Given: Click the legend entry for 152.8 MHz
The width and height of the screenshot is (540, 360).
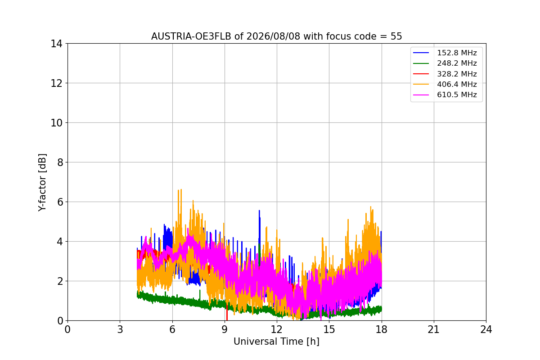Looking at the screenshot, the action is point(445,53).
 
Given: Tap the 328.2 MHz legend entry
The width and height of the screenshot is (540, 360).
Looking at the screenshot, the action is point(445,74).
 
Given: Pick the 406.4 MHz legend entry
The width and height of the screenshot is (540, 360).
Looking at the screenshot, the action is point(445,84).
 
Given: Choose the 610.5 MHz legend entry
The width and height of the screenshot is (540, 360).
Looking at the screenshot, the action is point(445,95).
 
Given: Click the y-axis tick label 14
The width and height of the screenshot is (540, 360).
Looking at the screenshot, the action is point(56,44).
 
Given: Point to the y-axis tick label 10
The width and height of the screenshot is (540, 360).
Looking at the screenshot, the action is point(56,123).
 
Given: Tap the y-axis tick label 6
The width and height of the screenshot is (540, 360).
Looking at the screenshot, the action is point(60,202).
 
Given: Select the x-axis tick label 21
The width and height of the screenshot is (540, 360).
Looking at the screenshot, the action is point(434,329).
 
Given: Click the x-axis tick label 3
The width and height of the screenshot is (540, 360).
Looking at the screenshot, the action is point(120,329).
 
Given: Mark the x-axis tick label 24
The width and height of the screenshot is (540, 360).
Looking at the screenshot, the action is point(486,329).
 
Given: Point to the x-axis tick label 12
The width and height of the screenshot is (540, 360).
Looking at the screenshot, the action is point(277,329).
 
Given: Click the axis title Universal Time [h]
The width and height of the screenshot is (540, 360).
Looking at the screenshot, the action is point(276,342).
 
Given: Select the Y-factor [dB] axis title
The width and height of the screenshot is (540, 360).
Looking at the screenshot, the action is point(42,183).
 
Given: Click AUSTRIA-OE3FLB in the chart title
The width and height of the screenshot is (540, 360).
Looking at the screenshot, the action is point(191,36).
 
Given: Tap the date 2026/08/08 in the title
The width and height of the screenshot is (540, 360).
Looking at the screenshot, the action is point(274,36).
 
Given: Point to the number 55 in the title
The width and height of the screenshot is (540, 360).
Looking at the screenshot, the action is point(396,36).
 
